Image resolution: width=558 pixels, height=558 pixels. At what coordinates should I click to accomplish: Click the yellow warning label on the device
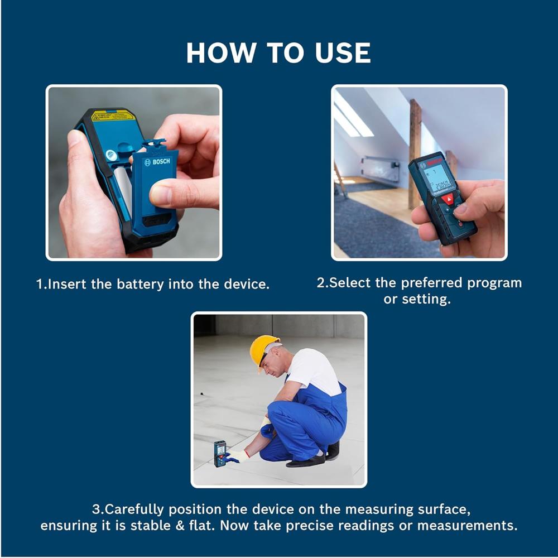tap(113, 116)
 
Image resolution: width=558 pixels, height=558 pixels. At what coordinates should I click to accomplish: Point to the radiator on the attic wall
tap(380, 169)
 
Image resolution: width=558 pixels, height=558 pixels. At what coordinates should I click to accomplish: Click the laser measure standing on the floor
tap(220, 453)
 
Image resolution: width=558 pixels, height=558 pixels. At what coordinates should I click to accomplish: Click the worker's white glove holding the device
tap(238, 456)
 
